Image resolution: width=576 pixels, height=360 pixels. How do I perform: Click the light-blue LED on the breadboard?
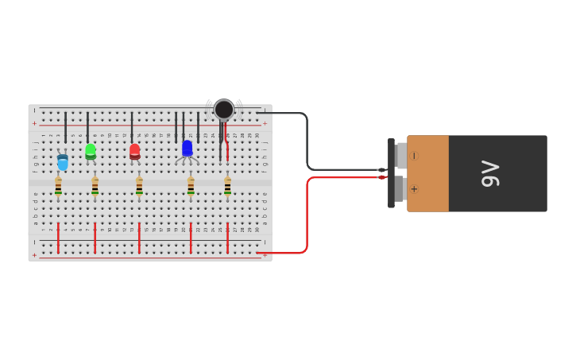(62, 162)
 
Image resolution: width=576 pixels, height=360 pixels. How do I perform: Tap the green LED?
(91, 150)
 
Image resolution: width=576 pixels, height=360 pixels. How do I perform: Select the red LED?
(134, 150)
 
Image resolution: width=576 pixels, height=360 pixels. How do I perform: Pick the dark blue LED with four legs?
(187, 149)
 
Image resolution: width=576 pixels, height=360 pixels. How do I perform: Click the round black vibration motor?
(224, 109)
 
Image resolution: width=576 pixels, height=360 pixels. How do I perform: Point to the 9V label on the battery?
(489, 173)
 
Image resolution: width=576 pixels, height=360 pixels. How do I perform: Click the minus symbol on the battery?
(414, 156)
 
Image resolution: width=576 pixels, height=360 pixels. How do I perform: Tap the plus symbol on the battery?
(414, 189)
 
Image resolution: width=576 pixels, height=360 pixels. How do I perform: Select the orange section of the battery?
(427, 173)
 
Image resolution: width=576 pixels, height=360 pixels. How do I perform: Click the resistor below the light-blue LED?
(58, 186)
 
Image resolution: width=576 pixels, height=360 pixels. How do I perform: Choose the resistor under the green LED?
(95, 186)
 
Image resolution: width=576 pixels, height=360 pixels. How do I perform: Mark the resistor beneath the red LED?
(139, 186)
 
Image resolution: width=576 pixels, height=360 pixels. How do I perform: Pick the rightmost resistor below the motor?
(227, 186)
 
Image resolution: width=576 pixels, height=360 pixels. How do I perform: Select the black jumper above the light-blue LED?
(65, 127)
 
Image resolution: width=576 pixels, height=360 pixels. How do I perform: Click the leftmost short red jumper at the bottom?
(58, 238)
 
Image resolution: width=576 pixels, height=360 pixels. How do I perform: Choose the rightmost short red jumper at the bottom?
(227, 238)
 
